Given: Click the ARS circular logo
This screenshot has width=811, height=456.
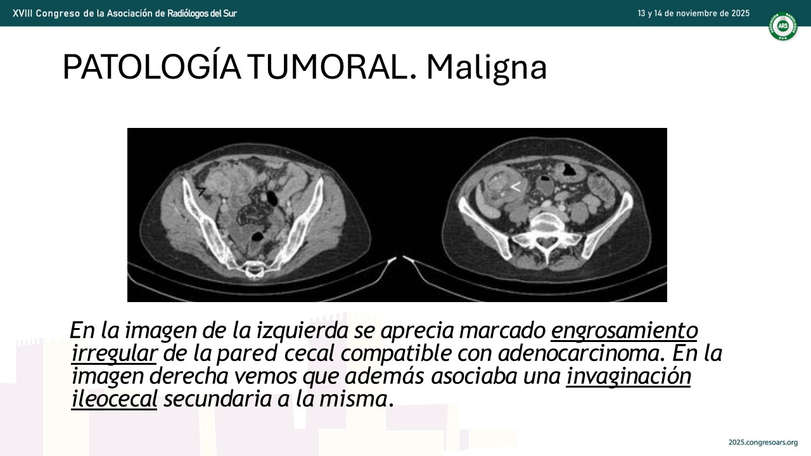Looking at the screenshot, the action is pos(783,26).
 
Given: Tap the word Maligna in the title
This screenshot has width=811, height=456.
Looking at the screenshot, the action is pos(486,68).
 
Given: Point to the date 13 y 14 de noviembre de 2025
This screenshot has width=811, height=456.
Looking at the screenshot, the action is pos(694,13).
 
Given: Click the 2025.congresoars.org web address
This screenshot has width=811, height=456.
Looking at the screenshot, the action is pos(763,442).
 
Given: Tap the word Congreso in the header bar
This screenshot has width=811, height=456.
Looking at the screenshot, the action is pos(58,14).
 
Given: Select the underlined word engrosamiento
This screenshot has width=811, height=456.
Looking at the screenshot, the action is pos(624,331).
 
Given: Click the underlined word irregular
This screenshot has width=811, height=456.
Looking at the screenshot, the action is pos(114,353).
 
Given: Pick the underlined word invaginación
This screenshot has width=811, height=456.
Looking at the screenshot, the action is pos(629,376).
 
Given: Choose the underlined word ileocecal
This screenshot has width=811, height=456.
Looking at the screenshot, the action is pos(114,399).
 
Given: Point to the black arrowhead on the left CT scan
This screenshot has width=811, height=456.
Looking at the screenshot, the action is pos(201,191).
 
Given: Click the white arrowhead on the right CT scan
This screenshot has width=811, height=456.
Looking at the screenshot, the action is pos(516,187).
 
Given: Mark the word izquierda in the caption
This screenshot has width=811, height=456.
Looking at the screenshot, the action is pos(303,331).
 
